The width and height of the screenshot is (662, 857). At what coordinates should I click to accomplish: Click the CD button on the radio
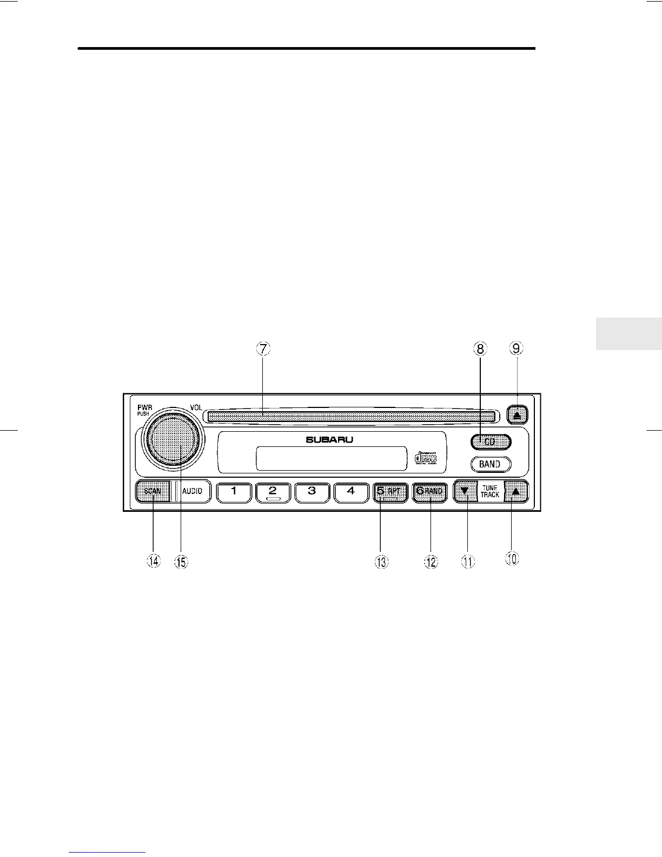[x=490, y=442]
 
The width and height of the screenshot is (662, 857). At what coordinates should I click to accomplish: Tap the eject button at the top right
[x=518, y=416]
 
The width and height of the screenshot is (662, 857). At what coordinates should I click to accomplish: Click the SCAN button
[x=153, y=491]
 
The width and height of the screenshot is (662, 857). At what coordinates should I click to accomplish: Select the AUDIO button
[x=192, y=491]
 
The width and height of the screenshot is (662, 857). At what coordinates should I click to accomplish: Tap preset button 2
[x=273, y=492]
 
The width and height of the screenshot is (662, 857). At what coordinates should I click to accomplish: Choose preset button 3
[x=312, y=492]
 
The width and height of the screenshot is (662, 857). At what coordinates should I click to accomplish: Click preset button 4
[x=350, y=492]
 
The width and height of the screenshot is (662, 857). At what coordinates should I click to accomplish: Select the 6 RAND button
[x=429, y=492]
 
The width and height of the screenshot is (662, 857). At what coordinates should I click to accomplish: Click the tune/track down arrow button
[x=464, y=492]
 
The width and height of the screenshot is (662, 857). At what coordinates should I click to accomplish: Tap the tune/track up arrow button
[x=515, y=492]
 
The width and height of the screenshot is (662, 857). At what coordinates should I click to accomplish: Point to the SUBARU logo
[x=329, y=439]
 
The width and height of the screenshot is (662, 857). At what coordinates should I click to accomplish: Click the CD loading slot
[x=350, y=416]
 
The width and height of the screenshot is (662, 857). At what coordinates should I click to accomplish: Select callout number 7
[x=262, y=348]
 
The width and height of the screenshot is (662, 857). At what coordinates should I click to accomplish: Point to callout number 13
[x=381, y=562]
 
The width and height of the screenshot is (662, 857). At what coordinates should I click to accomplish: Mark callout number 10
[x=512, y=558]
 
